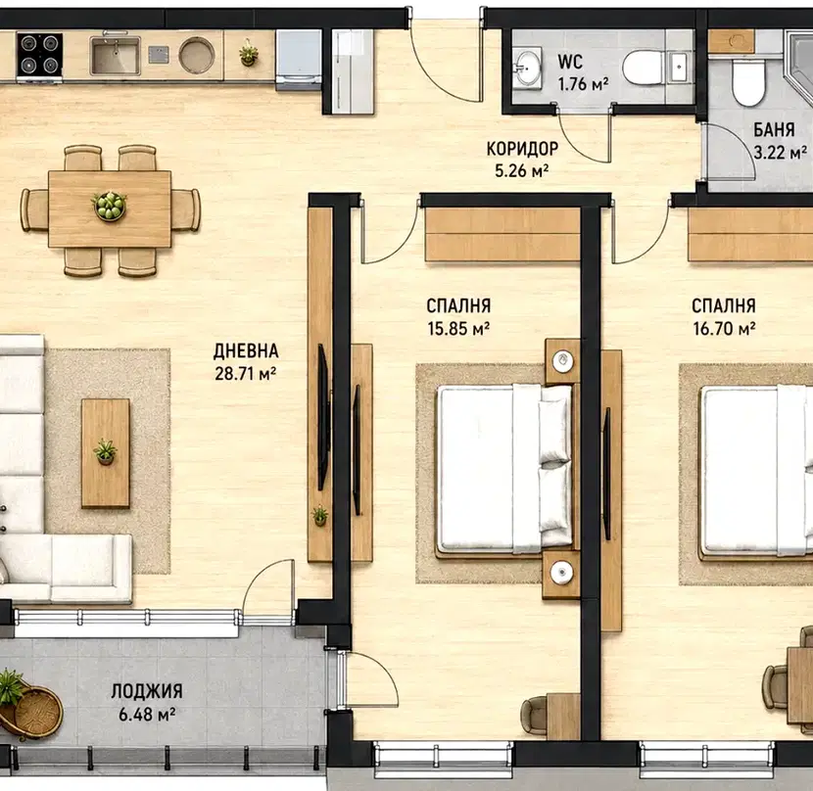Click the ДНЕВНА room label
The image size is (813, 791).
point(246,350)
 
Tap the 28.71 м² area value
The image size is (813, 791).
point(245,373)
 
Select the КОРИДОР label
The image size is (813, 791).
point(522,149)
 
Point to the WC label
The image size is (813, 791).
point(570,61)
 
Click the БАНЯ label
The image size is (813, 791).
point(774,129)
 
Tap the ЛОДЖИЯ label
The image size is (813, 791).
point(147,691)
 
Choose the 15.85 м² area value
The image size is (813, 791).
point(458,329)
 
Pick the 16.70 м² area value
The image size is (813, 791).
point(724,329)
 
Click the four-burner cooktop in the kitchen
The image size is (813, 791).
point(39,56)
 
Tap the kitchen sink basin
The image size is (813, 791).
point(115,56)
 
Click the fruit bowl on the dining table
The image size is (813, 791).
point(110,206)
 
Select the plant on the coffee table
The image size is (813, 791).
point(105,451)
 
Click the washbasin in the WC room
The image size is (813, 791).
point(527,68)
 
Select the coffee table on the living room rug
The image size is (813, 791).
point(105,453)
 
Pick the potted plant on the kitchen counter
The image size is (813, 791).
point(249,53)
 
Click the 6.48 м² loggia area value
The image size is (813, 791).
point(147,714)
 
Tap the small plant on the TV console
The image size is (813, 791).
point(319,516)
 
